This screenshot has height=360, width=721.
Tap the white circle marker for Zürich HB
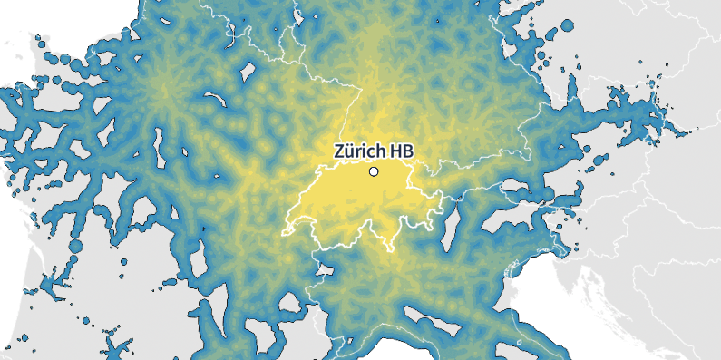(373, 171)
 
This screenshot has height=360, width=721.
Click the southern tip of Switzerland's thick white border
(391, 246)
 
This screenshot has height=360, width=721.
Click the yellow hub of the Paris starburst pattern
(164, 92)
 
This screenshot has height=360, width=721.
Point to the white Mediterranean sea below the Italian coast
(408, 349)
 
